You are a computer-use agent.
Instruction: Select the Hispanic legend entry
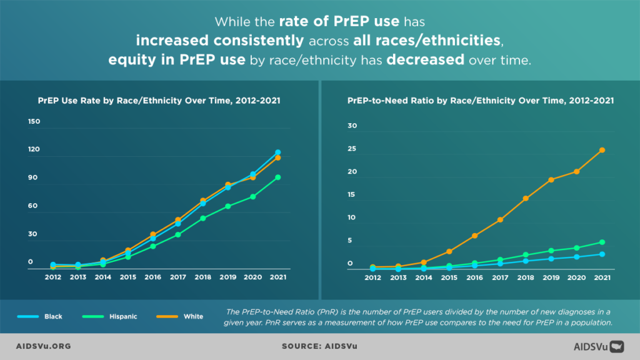pyautogui.click(x=109, y=316)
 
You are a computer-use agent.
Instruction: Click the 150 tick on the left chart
pyautogui.click(x=34, y=121)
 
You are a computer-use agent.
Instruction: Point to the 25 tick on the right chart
pyautogui.click(x=352, y=149)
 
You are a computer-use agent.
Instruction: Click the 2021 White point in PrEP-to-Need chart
pyautogui.click(x=602, y=150)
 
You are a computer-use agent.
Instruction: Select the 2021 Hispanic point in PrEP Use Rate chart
pyautogui.click(x=277, y=177)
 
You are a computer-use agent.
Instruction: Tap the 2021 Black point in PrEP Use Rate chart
pyautogui.click(x=277, y=152)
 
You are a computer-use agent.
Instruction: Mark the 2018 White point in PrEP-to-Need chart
pyautogui.click(x=526, y=199)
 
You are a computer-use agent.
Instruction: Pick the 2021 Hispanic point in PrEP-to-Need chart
pyautogui.click(x=602, y=242)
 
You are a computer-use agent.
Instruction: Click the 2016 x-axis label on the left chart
pyautogui.click(x=152, y=277)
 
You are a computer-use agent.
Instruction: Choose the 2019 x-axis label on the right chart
pyautogui.click(x=551, y=277)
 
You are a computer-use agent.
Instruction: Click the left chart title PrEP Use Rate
pyautogui.click(x=159, y=99)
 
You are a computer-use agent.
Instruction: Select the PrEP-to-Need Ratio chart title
pyautogui.click(x=481, y=99)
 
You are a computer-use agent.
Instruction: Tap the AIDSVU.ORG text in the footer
pyautogui.click(x=42, y=345)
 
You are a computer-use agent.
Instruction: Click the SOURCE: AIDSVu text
pyautogui.click(x=319, y=345)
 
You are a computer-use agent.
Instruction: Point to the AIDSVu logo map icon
pyautogui.click(x=617, y=345)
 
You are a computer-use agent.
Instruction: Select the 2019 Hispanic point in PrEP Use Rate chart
pyautogui.click(x=228, y=206)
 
